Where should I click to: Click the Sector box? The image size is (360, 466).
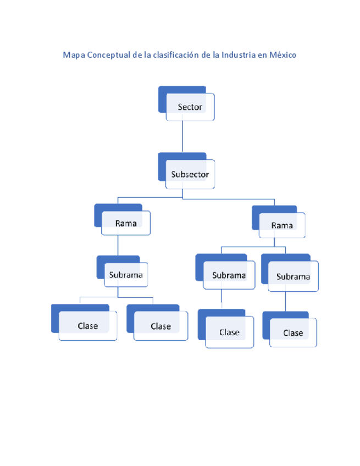(190, 107)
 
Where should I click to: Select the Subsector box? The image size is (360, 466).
(190, 174)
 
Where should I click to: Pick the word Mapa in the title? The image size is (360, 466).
(74, 56)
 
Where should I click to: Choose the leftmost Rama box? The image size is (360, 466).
(126, 223)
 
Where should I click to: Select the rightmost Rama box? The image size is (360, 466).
(282, 225)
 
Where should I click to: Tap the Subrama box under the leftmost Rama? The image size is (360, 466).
(126, 274)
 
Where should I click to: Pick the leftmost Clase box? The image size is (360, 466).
(87, 326)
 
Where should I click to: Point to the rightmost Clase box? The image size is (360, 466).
(293, 332)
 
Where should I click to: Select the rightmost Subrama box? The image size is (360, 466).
(292, 276)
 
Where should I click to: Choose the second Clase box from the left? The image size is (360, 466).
(160, 326)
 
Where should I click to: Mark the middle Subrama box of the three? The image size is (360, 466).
(229, 275)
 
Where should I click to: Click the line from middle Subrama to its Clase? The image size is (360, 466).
(221, 299)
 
